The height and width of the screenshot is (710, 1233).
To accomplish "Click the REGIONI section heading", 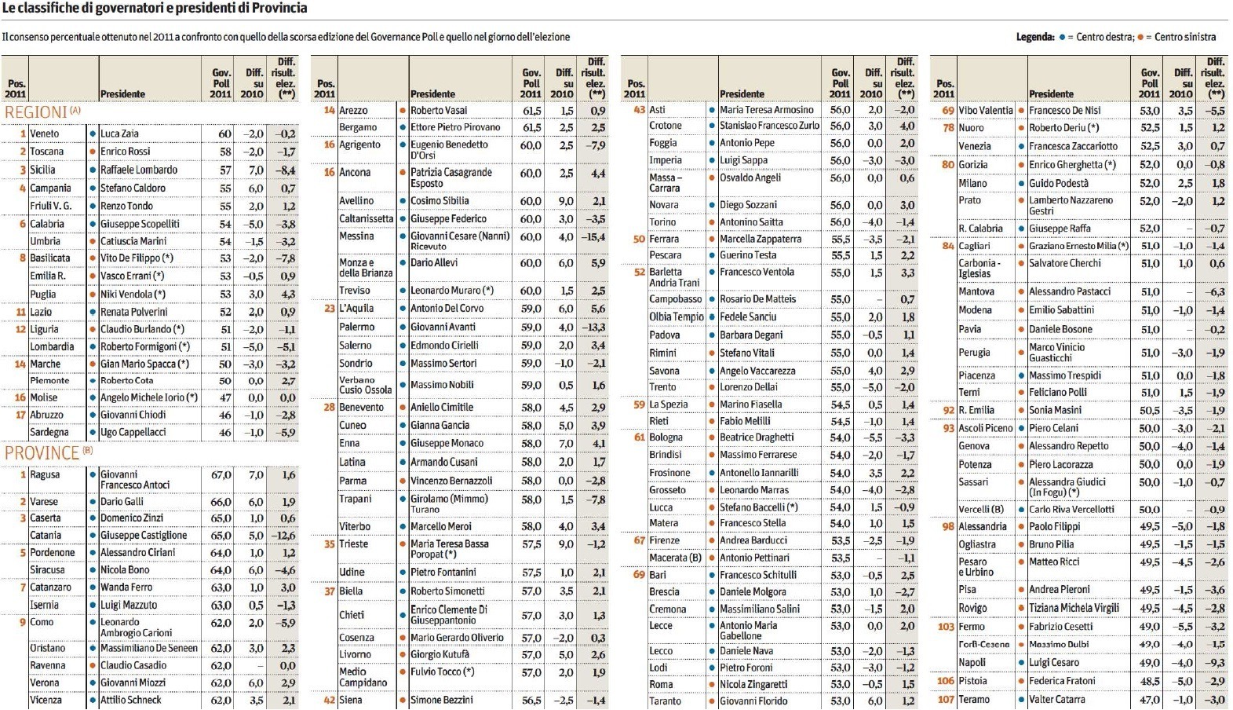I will pos(36,112).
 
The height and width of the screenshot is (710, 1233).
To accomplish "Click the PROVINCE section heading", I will pos(42,453).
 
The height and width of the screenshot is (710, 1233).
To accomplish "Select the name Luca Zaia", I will pos(119,134).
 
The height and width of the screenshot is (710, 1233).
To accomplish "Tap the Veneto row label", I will pos(44,134).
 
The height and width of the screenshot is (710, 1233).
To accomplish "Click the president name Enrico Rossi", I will pos(125,152).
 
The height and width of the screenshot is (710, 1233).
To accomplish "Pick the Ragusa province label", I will pos(45,474).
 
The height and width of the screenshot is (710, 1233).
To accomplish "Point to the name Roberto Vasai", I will pos(439,111).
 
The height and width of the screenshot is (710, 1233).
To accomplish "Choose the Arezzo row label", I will pos(353,111).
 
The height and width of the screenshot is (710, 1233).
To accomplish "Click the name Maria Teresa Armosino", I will pos(767,110).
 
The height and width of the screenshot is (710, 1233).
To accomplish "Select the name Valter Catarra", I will pos(1057,699).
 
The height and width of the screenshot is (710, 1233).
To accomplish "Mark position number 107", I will pos(946,699).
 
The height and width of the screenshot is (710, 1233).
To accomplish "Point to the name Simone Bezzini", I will pos(442,700).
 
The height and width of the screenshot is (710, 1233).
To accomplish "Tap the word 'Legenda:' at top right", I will pos(1035,37).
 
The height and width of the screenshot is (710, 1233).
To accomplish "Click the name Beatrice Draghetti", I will pos(757,437).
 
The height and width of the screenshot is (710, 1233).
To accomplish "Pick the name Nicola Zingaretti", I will pos(753,684).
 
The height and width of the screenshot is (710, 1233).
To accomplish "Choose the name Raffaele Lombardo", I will pos(139,170).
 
